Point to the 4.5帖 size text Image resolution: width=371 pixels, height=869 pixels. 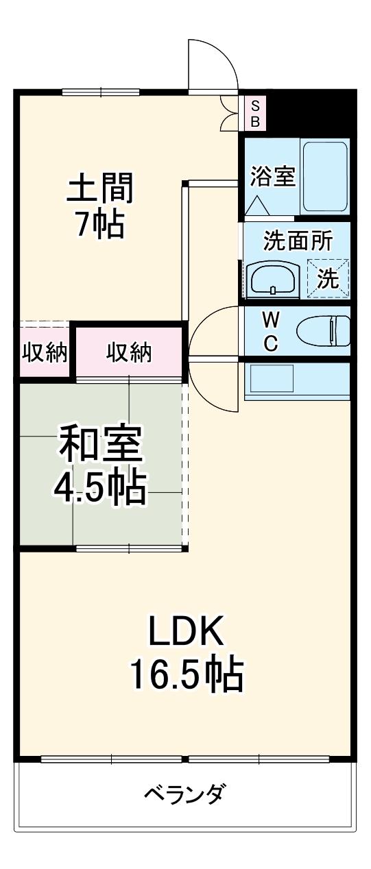pos(100,487)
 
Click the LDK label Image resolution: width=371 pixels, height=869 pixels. pos(187,632)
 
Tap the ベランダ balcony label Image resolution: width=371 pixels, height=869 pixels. pos(184,795)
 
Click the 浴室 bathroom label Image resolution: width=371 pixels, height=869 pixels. pos(273,176)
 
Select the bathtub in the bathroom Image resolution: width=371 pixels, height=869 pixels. pos(326,177)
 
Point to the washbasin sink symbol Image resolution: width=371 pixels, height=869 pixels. pos(273,278)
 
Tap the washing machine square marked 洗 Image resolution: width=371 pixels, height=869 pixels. pos(328,278)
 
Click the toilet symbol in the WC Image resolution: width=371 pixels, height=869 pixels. pos(324,332)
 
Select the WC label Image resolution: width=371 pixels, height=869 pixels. pos(271,332)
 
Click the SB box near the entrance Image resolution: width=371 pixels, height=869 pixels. pos(254,114)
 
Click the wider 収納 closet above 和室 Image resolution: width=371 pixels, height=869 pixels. pos(129,352)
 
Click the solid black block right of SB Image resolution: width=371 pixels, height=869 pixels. pos(313,113)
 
